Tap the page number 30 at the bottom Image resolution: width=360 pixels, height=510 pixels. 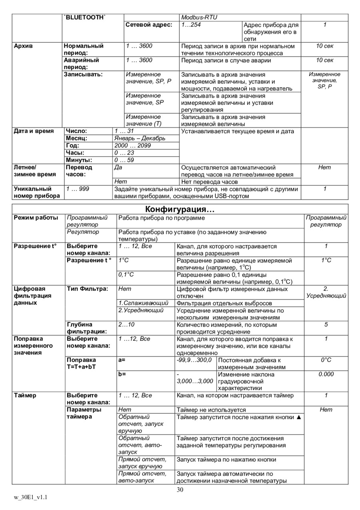[x=180, y=490]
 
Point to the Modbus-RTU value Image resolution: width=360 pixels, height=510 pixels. [x=199, y=18]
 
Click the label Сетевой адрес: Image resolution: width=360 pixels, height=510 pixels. [x=149, y=25]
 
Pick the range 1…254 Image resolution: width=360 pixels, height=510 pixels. [x=191, y=25]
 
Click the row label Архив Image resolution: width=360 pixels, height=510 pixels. [x=24, y=46]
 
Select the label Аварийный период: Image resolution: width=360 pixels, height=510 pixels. [x=81, y=64]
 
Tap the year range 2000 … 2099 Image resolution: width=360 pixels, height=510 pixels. [x=132, y=146]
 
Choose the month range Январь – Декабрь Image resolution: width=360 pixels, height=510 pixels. [x=140, y=139]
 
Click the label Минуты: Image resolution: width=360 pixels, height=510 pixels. [x=79, y=160]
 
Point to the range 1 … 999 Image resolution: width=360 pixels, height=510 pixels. [x=78, y=189]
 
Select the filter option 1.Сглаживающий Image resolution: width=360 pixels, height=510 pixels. [x=143, y=303]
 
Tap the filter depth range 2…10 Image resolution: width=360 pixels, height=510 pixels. [x=126, y=325]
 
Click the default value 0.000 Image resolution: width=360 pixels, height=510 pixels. [x=326, y=374]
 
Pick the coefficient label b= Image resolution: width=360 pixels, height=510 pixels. [x=122, y=374]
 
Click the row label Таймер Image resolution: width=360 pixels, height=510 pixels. [x=25, y=396]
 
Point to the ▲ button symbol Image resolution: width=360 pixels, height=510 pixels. [x=298, y=417]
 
